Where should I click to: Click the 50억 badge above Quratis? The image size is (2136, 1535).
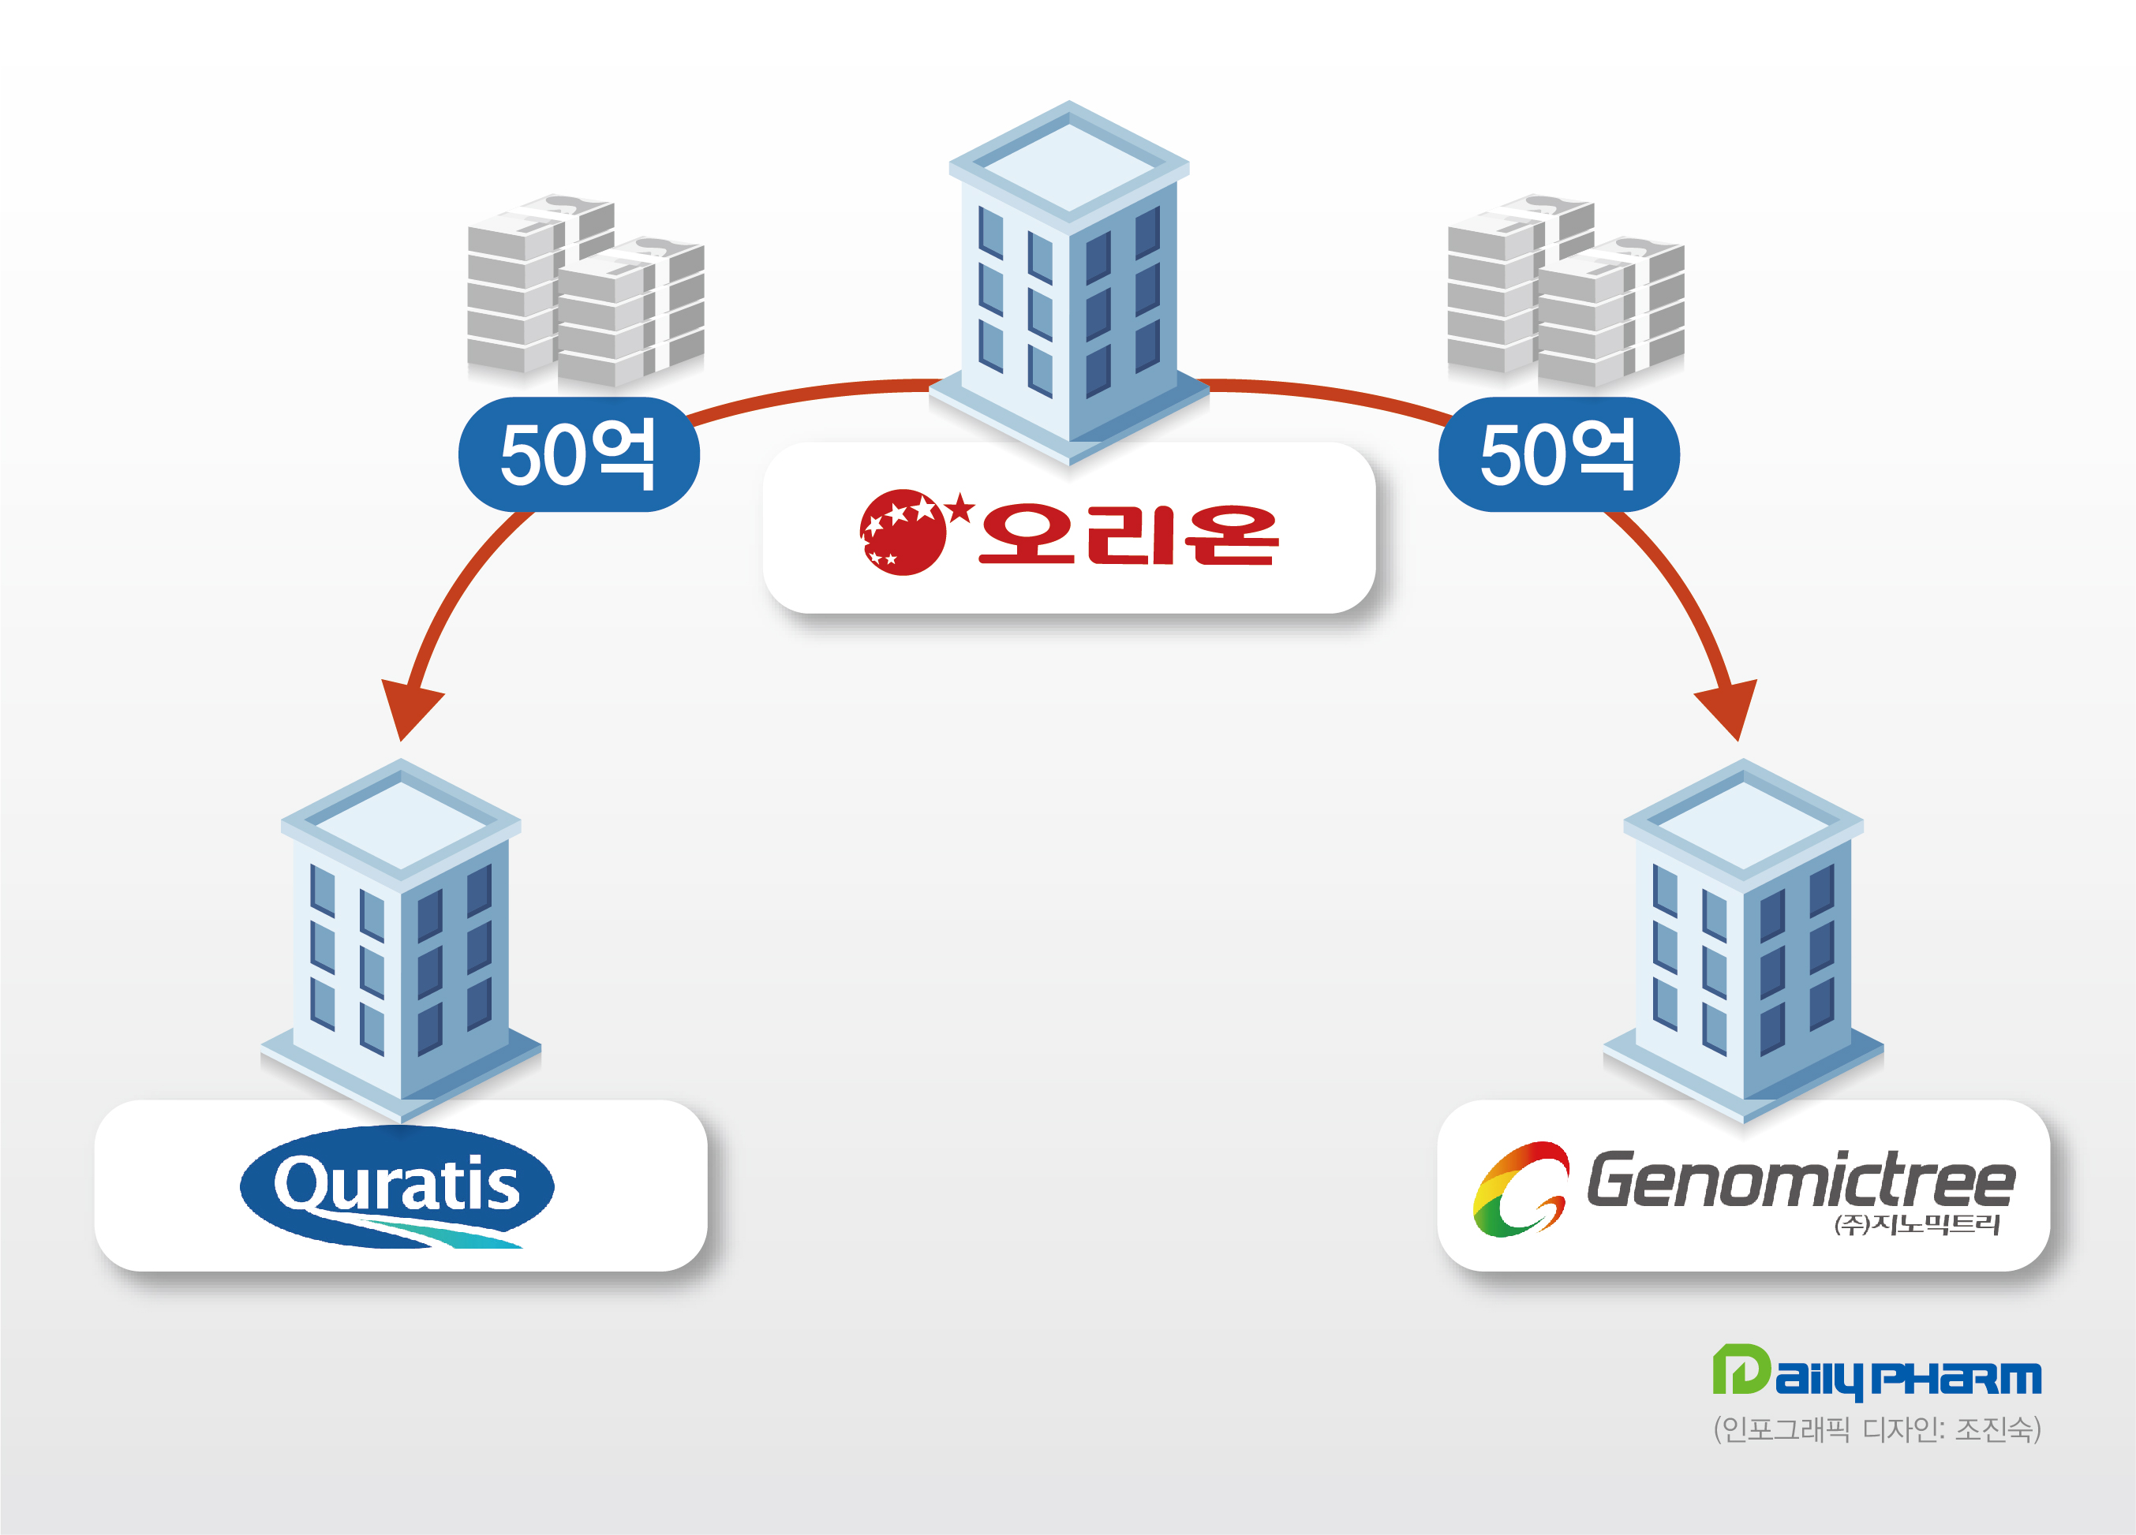[578, 455]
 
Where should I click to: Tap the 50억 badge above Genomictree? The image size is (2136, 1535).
[1558, 455]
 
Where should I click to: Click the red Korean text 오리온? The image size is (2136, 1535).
[1128, 534]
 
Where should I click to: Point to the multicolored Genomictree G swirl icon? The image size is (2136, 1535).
[1520, 1189]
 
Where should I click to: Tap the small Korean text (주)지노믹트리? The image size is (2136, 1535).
[1916, 1223]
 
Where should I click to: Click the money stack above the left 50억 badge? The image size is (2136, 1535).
[585, 291]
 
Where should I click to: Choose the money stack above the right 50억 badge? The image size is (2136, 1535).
[1566, 291]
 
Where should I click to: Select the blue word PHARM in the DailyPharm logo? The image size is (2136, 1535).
[1956, 1379]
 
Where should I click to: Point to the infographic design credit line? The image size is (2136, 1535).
[1877, 1429]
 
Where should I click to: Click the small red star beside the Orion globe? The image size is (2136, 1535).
[960, 509]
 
